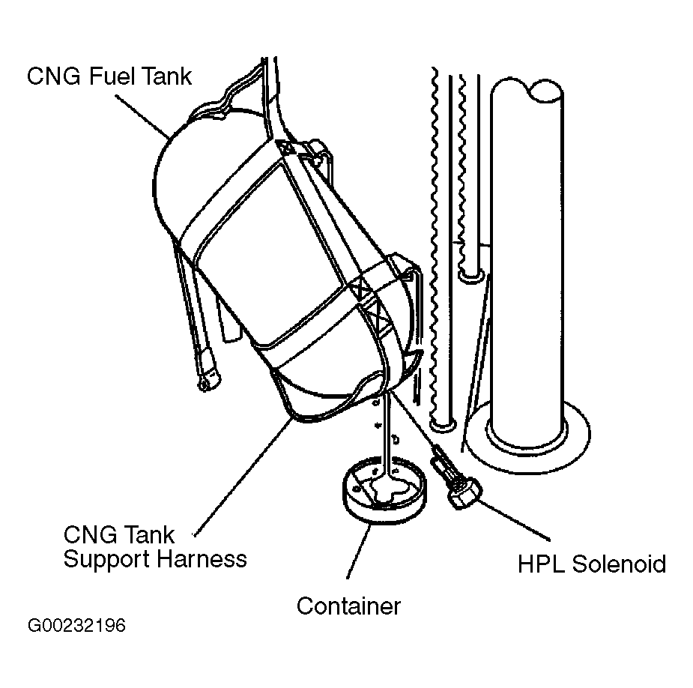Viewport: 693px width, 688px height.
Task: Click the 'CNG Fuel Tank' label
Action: point(109,76)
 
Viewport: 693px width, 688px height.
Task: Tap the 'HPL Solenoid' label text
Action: point(592,564)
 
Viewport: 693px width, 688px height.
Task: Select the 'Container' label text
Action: point(348,606)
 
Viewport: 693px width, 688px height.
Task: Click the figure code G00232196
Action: point(76,626)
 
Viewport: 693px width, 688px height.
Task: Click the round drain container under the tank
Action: point(385,490)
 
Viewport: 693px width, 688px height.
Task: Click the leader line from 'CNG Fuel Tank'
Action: point(143,117)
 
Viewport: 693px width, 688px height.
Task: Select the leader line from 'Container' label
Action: point(358,549)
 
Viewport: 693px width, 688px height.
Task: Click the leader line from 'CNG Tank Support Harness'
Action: point(243,477)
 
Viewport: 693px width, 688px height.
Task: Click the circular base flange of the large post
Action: point(528,438)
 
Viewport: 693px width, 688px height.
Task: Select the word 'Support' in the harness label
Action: point(107,560)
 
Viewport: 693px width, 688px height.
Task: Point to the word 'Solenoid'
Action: point(619,564)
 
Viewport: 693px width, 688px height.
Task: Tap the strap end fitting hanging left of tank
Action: point(208,369)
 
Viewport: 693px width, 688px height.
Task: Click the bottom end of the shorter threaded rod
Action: point(471,277)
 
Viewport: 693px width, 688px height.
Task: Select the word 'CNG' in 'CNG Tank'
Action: point(88,534)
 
